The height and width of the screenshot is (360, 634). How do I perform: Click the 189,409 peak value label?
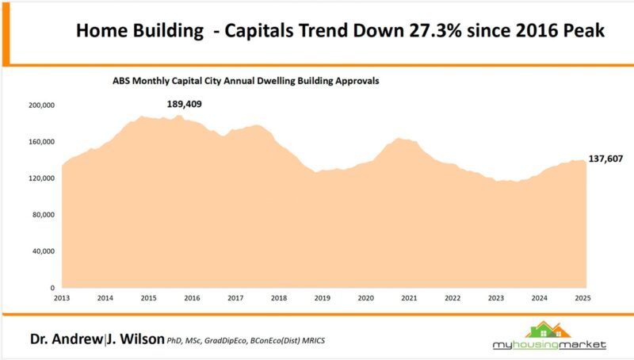187,105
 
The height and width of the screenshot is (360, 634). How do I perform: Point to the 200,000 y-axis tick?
40,105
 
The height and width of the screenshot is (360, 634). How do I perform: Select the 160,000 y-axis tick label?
40,142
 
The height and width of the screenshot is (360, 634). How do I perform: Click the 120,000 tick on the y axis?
40,178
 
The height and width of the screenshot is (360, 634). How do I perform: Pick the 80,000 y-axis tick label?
43,215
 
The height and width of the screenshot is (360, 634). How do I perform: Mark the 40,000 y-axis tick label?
43,251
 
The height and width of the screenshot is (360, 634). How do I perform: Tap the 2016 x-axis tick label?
192,298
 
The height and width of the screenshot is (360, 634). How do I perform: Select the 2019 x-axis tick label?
322,298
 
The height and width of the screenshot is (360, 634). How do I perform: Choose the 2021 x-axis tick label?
409,298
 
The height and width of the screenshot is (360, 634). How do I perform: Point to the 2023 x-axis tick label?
496,298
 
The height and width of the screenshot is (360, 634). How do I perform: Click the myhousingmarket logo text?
548,345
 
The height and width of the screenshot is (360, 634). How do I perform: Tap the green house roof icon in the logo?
549,329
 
